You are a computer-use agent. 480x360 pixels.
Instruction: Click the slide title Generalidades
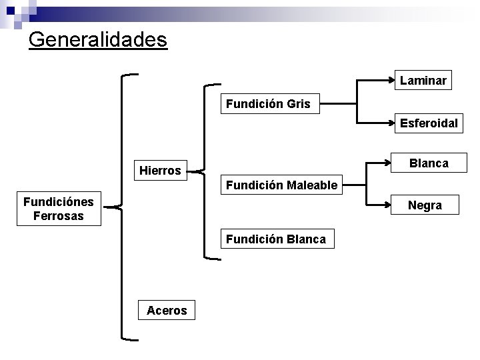tap(98, 39)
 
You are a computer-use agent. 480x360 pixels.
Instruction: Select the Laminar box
tap(423, 81)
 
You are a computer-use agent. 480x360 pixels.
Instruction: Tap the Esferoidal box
tap(429, 123)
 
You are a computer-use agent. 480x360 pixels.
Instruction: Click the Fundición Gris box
tap(268, 104)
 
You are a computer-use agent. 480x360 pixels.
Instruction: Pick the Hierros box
tap(160, 171)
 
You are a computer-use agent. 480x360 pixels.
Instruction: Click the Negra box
tap(425, 205)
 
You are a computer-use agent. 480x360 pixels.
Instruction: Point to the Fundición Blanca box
tap(276, 239)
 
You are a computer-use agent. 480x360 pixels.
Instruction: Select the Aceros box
tap(167, 310)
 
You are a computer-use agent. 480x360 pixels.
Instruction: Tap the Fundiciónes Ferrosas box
tap(58, 208)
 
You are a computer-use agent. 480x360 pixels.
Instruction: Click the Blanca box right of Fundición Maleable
tap(429, 163)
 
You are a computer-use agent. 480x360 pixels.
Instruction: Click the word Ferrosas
tap(58, 216)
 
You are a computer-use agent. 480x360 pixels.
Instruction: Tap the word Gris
tap(298, 104)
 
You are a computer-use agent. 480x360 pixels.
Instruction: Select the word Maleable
tap(311, 185)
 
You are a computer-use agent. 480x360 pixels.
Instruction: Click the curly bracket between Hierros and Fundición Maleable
tap(207, 171)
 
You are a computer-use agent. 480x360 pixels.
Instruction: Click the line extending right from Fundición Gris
tap(338, 104)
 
